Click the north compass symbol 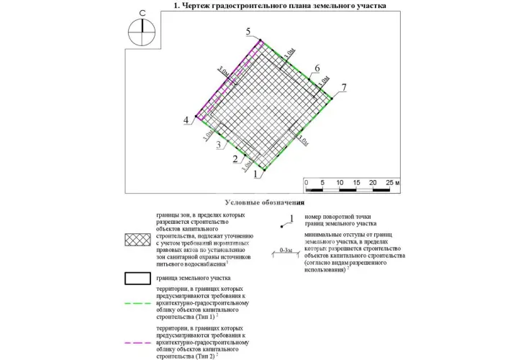click(142, 30)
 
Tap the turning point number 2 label click(235, 159)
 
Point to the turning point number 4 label click(186, 120)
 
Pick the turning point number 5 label click(248, 32)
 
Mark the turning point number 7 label click(344, 87)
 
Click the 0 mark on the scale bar click(307, 183)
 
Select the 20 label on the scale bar click(373, 183)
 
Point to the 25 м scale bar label click(392, 183)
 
